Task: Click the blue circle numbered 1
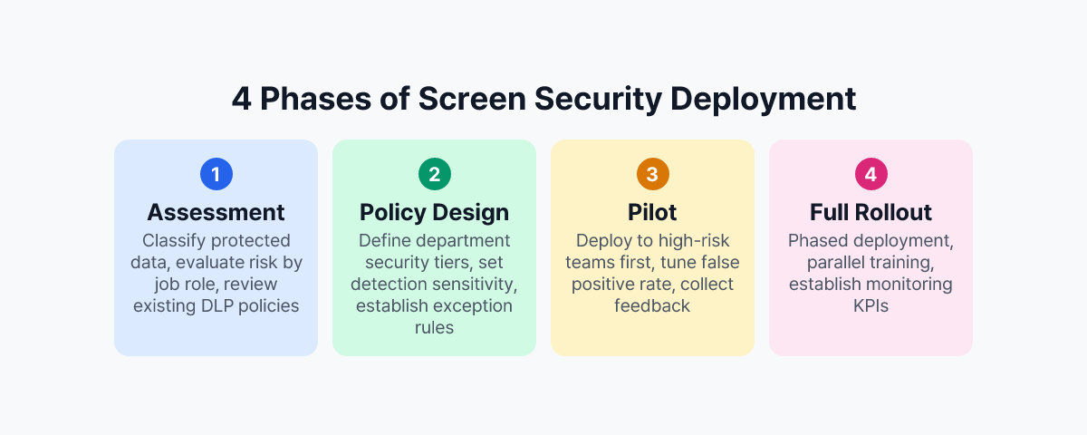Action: click(216, 175)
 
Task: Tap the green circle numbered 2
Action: click(434, 175)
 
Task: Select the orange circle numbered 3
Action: click(652, 175)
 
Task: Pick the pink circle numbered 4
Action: click(871, 175)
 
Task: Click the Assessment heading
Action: click(216, 212)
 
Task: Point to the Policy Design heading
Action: click(434, 212)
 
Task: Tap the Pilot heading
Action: click(652, 212)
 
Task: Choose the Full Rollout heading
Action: click(871, 212)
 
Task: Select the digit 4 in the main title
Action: click(241, 99)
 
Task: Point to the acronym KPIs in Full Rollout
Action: click(871, 305)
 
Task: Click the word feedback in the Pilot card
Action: click(652, 305)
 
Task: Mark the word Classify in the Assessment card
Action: click(172, 240)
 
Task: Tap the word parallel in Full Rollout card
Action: click(837, 262)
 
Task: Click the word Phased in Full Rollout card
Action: click(815, 240)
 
